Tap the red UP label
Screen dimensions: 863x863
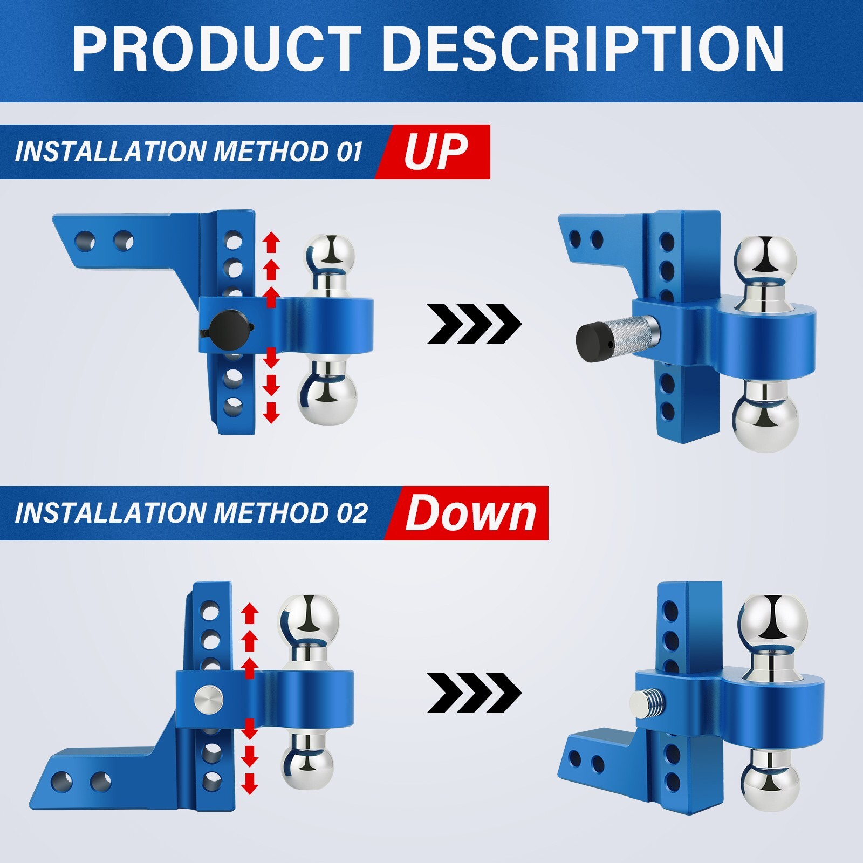[435, 152]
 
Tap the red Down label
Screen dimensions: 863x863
[470, 513]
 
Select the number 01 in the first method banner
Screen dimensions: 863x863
[349, 152]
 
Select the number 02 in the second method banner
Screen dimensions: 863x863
[352, 513]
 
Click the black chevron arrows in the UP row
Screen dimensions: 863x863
[474, 324]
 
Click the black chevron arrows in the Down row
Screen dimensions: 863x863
[474, 693]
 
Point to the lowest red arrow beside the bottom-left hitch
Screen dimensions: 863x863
[249, 783]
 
